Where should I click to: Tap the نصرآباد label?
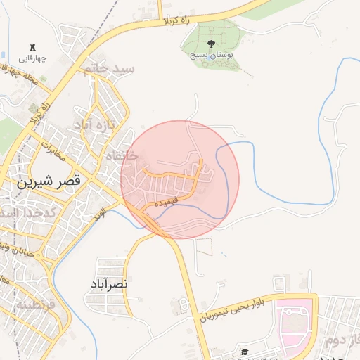point(108,283)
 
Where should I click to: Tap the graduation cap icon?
point(244,352)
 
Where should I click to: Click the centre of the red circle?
point(180,179)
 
